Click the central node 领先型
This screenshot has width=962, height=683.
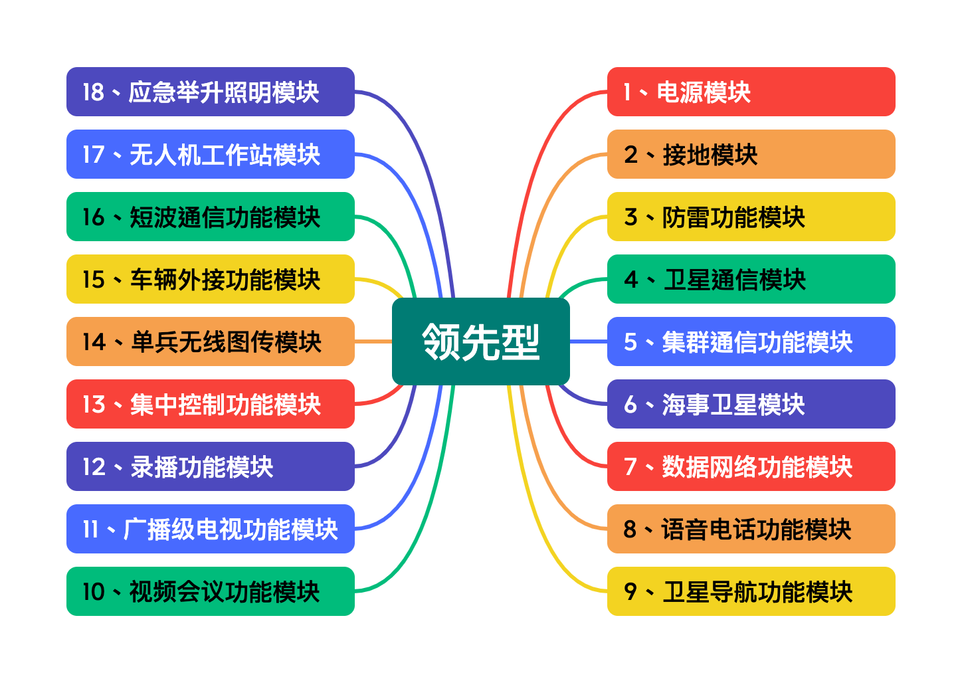[x=480, y=341]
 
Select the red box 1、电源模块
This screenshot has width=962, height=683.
[x=751, y=92]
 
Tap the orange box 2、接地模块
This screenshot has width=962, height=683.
[x=751, y=154]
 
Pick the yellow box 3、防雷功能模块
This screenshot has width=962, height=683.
[x=751, y=217]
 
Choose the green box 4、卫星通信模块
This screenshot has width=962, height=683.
[x=751, y=279]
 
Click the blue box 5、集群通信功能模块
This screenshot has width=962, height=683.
[x=751, y=341]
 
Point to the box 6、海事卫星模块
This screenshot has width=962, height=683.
[x=751, y=404]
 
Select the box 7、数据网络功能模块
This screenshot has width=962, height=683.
[x=751, y=466]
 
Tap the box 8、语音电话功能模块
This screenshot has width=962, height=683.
[x=751, y=529]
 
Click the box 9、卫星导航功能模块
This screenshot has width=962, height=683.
[x=751, y=591]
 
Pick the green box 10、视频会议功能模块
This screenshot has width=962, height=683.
[x=210, y=591]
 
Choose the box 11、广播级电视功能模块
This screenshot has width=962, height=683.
[x=210, y=529]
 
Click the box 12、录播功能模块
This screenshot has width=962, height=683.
[x=210, y=466]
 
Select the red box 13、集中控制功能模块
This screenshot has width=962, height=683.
[x=210, y=404]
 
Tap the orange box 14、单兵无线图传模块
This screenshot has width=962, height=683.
[x=210, y=341]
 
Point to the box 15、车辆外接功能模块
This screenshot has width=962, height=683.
[x=210, y=279]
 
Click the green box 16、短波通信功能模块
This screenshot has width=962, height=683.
[x=210, y=217]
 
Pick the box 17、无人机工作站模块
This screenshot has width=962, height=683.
[x=210, y=154]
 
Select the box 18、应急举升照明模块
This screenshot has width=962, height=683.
[x=210, y=92]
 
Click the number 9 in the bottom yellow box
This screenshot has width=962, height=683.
[x=630, y=591]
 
